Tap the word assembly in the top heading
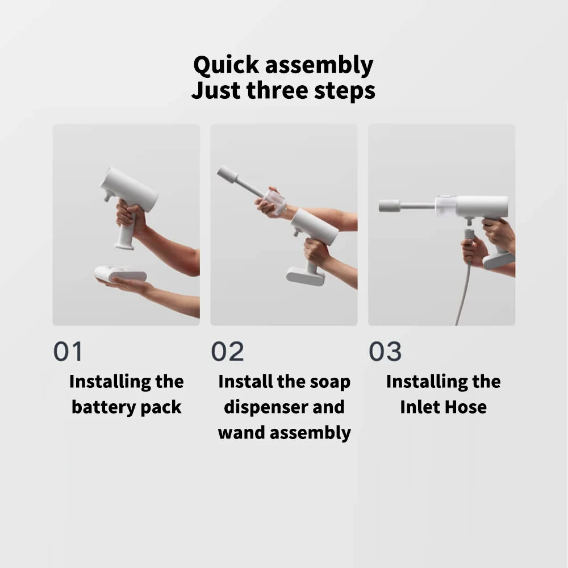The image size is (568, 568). (x=320, y=66)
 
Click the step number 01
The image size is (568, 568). (x=68, y=352)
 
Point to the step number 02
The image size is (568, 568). (x=227, y=352)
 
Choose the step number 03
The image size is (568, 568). (x=385, y=352)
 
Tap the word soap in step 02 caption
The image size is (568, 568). (x=329, y=382)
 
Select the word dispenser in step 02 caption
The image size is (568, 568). (x=258, y=407)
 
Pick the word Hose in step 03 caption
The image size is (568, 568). (x=466, y=407)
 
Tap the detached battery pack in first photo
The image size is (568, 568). (x=120, y=275)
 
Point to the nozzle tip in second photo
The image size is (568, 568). (x=227, y=174)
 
